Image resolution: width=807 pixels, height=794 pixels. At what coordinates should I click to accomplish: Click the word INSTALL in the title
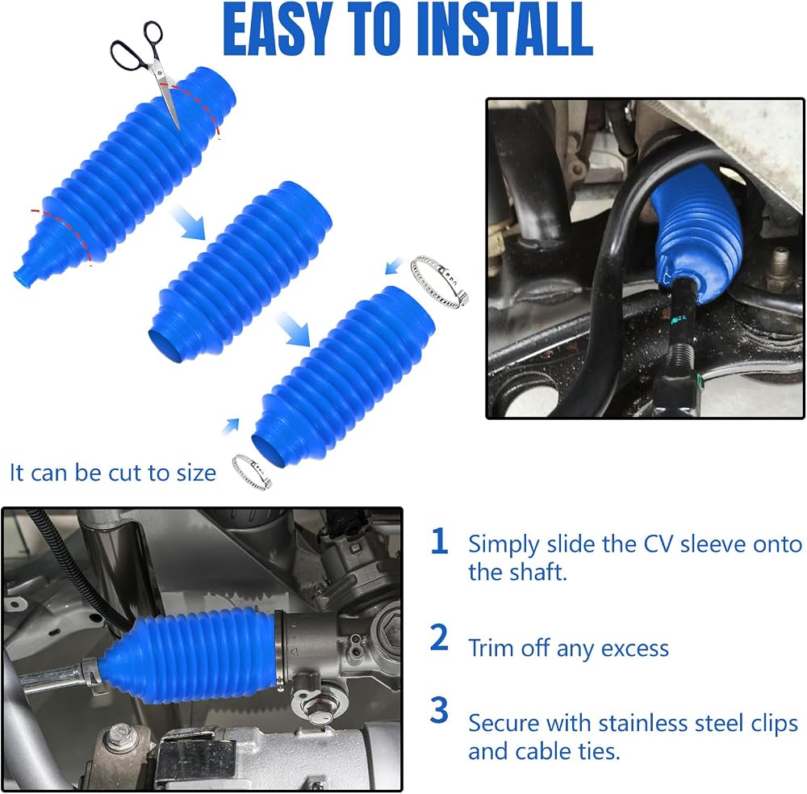tap(505, 29)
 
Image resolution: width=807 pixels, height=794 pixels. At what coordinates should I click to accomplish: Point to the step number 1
tap(439, 541)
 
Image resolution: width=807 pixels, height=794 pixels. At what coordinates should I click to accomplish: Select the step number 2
tap(439, 637)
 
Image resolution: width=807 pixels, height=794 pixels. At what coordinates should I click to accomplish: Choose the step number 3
tap(439, 710)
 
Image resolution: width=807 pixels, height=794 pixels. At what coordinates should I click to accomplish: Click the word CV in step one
tap(659, 544)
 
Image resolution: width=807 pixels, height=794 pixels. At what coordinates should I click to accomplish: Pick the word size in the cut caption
tap(196, 473)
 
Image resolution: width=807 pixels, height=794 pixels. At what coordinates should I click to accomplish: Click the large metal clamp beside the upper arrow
tap(439, 281)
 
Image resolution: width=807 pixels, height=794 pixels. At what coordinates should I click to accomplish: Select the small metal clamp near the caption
tap(252, 472)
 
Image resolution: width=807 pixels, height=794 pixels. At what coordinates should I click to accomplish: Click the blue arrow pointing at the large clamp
tap(394, 267)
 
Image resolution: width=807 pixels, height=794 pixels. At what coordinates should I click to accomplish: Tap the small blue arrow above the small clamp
tap(231, 426)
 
